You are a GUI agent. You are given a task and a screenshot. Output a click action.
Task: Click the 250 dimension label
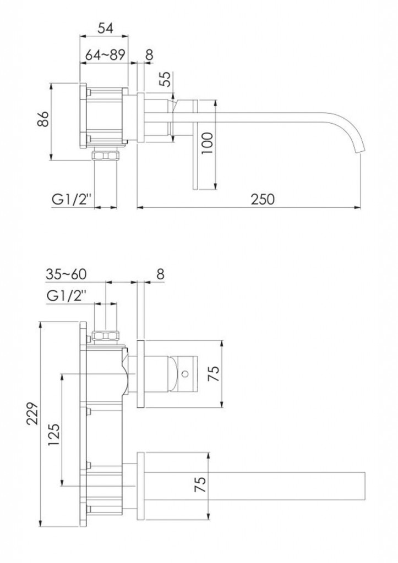coord(263,199)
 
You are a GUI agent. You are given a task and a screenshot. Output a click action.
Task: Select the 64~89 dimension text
coord(105,54)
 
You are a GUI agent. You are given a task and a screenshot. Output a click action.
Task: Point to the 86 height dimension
coord(43,119)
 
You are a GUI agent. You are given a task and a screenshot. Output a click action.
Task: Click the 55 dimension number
coord(166,79)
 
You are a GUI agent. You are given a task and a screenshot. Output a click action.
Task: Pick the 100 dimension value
coord(207,143)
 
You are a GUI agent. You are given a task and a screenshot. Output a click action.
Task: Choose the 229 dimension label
coord(32,413)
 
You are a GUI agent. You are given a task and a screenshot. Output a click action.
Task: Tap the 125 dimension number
coord(53,435)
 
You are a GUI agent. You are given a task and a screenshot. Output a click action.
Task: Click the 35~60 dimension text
coord(66,274)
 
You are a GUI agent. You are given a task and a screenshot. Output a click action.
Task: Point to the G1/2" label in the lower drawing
coord(67,296)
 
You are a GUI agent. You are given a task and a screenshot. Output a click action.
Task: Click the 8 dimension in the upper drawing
coord(149,54)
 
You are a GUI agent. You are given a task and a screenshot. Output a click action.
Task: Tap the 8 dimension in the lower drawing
coord(160,274)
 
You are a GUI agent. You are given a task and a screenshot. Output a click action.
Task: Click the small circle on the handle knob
coord(185,374)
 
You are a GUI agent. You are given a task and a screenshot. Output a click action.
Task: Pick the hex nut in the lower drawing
coord(106,336)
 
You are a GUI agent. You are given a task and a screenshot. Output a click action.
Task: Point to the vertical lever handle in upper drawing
coord(195,145)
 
